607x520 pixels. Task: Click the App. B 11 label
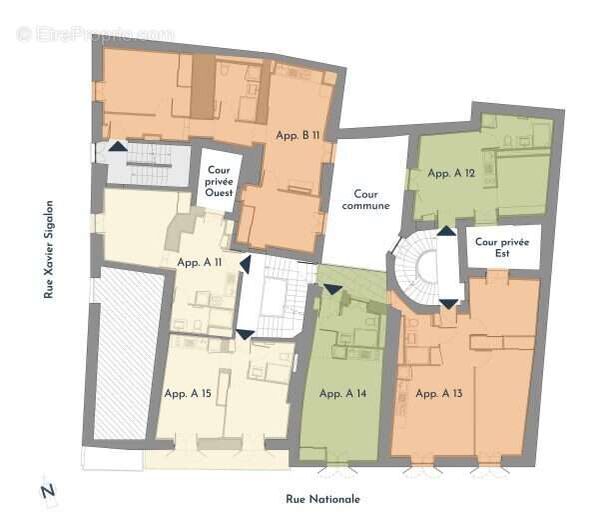click(x=298, y=135)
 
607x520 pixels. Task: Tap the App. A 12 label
click(x=451, y=173)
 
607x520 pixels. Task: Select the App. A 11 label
click(x=200, y=263)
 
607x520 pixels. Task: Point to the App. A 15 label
click(x=188, y=394)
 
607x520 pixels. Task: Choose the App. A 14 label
click(x=342, y=394)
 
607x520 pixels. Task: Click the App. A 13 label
click(x=439, y=394)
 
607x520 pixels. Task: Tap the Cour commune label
click(x=365, y=200)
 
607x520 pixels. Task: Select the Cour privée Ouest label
click(x=219, y=181)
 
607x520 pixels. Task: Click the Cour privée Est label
click(x=502, y=247)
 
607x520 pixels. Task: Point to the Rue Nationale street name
click(x=322, y=499)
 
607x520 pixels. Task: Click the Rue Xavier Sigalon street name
click(x=48, y=249)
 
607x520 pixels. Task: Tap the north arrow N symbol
click(x=48, y=491)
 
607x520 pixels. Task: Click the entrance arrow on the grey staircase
click(x=118, y=146)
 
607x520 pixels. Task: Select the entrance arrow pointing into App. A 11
click(x=246, y=264)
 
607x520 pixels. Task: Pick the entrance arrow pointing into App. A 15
click(x=246, y=335)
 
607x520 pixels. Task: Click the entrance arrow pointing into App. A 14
click(x=332, y=289)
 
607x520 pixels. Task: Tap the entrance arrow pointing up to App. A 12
click(x=446, y=231)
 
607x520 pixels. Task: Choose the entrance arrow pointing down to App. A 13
click(x=449, y=304)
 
